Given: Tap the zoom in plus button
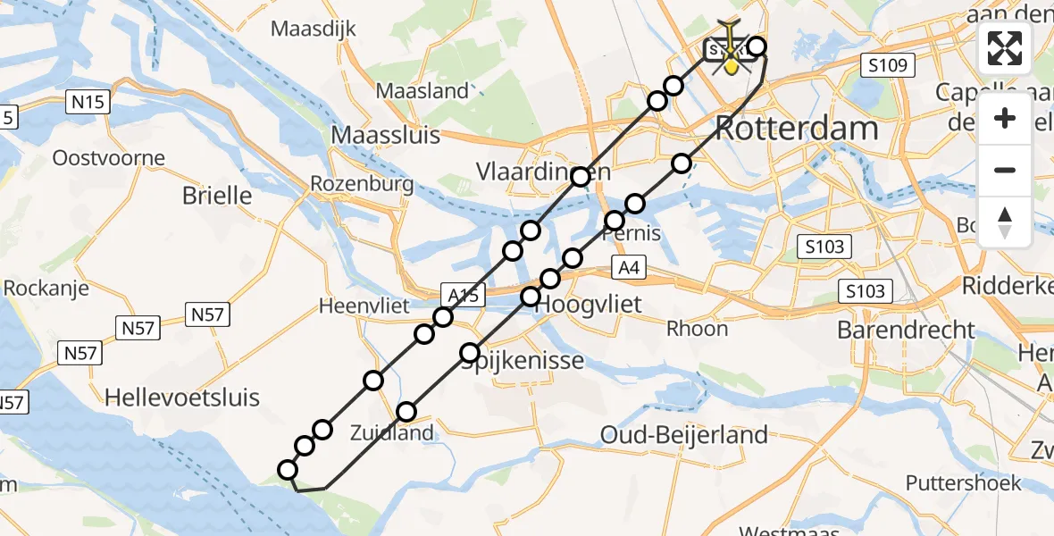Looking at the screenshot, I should pos(1005,118).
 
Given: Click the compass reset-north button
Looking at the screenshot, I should pos(1005,221).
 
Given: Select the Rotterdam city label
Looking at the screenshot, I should pos(797,129).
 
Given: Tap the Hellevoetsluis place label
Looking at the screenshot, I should pos(182,397).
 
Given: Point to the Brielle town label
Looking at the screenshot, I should pos(217,195).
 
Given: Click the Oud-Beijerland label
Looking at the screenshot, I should pos(684,435).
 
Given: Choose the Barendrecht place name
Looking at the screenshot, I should pos(907,330).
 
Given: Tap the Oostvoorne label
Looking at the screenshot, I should pos(109,159).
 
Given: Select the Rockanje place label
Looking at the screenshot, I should pos(43,288).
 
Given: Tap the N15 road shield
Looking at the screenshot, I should pos(88,102).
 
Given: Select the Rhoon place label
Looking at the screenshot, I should pos(697,329).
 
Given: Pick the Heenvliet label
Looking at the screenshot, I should pos(358,306).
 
